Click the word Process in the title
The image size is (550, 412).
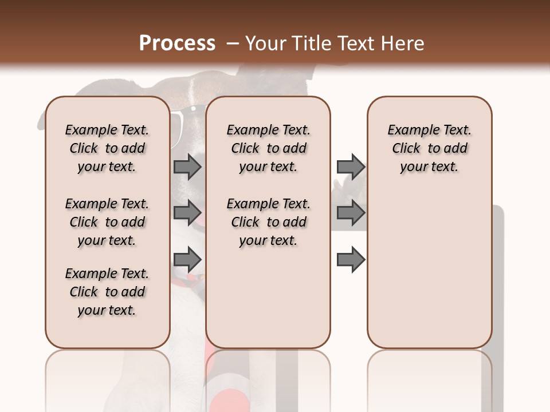[177, 43]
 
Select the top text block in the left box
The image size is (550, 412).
[107, 148]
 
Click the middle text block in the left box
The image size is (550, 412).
[107, 222]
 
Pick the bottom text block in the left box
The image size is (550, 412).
[107, 292]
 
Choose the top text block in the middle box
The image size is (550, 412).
[268, 148]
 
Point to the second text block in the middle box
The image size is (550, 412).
[268, 222]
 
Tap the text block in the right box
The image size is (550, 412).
[429, 148]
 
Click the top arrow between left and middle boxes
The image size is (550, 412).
[187, 167]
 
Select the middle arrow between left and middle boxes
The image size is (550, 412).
[187, 213]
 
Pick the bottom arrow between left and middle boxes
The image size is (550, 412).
[187, 260]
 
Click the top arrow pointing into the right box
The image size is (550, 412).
[351, 167]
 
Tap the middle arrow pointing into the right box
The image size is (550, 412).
[351, 213]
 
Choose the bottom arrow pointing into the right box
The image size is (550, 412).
[351, 260]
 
